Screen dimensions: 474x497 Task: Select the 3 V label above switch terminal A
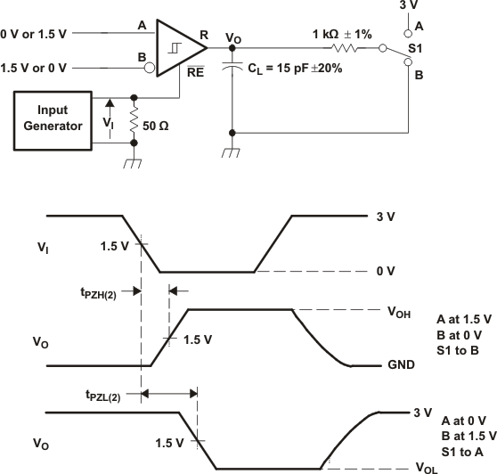click(x=409, y=6)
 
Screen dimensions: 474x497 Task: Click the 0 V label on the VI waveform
click(x=387, y=271)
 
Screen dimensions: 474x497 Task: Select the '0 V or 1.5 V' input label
click(x=36, y=33)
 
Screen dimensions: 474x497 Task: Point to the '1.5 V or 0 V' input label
click(x=36, y=67)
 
